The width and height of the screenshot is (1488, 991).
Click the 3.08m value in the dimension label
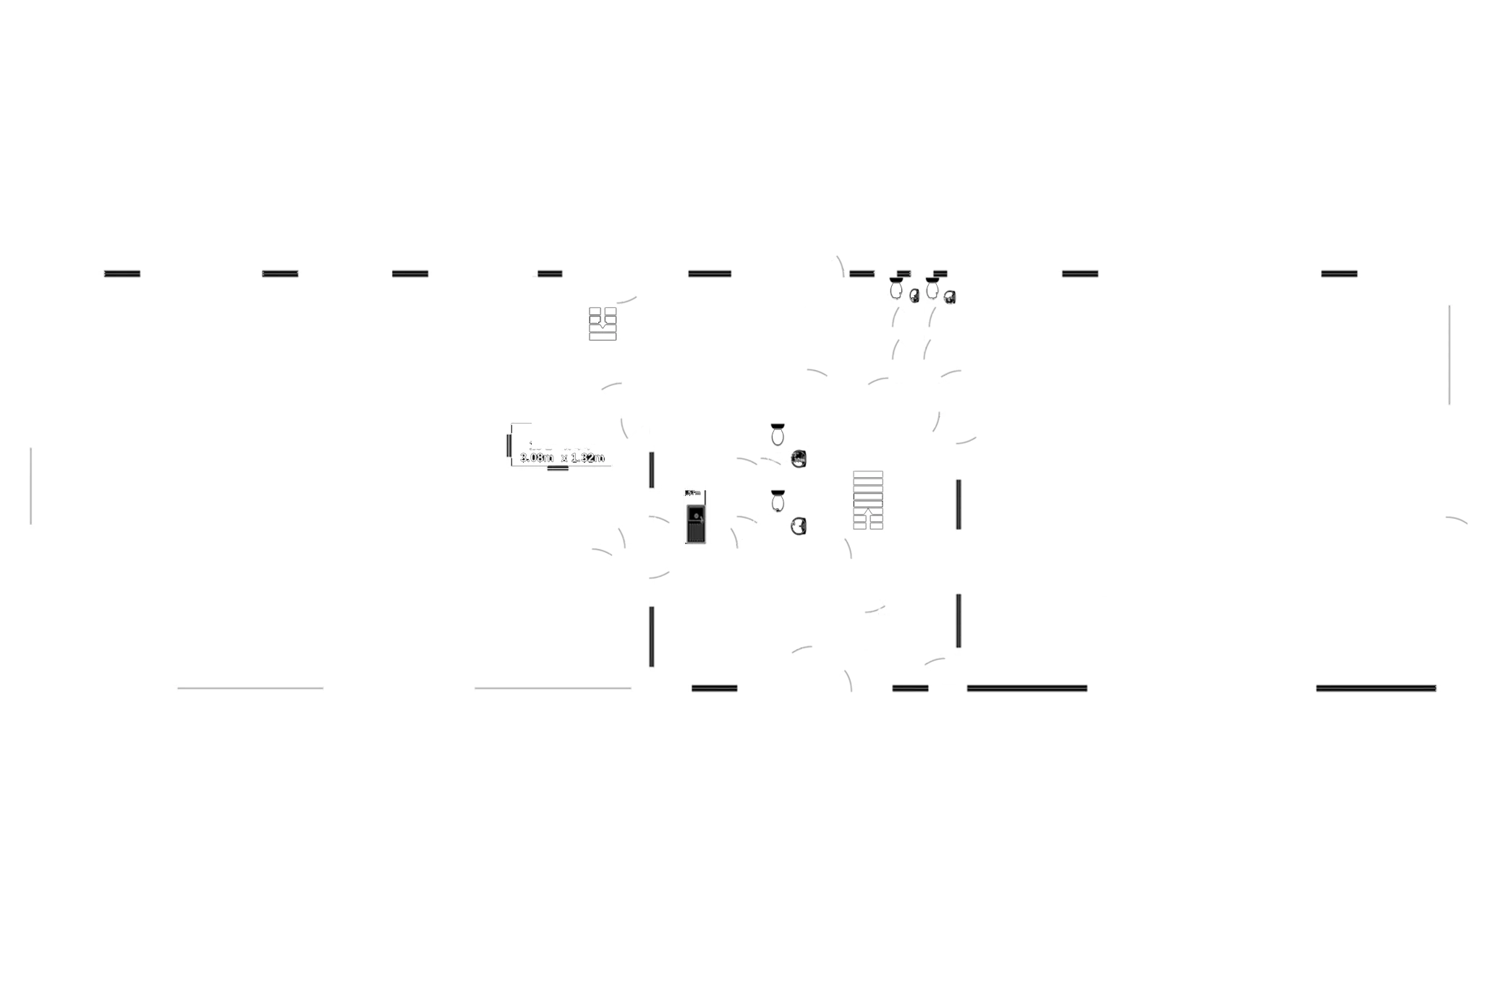coord(537,458)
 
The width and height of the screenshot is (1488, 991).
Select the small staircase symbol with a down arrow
coord(602,324)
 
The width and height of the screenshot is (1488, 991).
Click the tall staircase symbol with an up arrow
coord(867,500)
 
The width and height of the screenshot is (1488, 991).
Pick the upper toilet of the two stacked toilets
coord(778,435)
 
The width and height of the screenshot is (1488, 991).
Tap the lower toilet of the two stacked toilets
coord(778,501)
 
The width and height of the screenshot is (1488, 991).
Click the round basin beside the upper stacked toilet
coord(799,459)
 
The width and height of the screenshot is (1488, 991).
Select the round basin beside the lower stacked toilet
coord(799,525)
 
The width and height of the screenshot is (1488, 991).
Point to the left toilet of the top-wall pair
coord(896,288)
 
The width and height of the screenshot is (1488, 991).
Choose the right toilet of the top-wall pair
coord(933,288)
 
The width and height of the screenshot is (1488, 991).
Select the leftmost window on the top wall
coord(124,273)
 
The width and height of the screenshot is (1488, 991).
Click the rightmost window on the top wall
coord(1339,273)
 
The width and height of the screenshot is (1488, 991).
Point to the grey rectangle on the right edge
coord(1466,354)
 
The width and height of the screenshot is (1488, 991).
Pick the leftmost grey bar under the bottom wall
coord(250,688)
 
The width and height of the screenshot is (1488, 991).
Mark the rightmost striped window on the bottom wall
coord(1375,688)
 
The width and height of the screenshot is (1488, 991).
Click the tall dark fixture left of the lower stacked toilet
coord(694,516)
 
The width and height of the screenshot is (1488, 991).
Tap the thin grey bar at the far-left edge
coord(30,485)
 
